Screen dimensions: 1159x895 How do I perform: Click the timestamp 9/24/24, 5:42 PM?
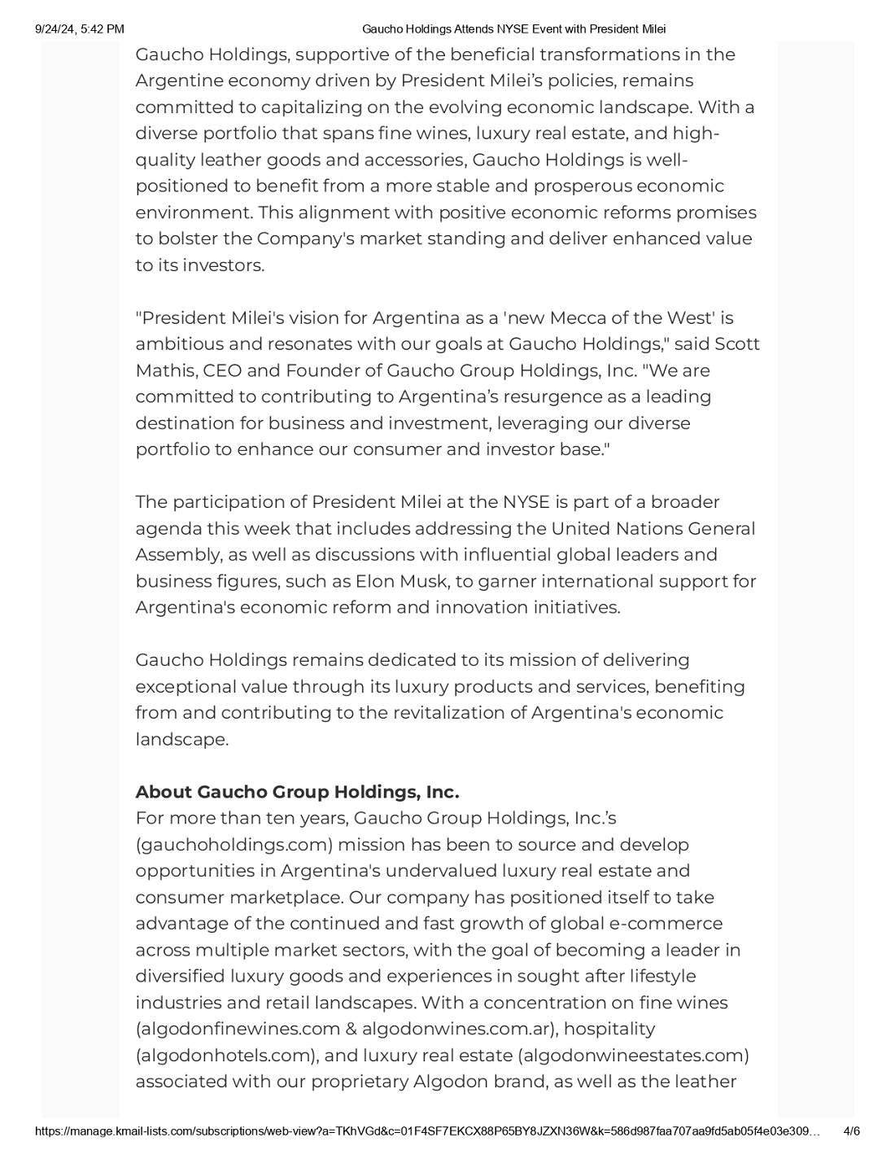point(80,29)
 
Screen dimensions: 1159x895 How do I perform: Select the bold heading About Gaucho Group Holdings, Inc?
point(297,792)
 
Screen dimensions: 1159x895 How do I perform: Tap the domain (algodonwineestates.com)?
point(633,1056)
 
